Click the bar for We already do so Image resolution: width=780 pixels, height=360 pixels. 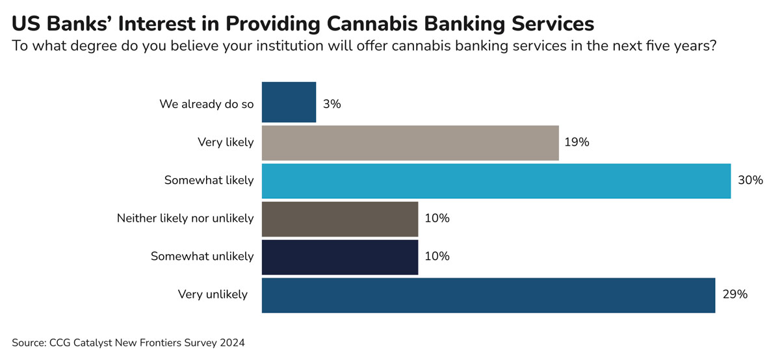click(x=289, y=102)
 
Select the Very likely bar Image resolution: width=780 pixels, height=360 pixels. click(x=410, y=143)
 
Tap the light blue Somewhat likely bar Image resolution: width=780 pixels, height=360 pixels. click(x=496, y=181)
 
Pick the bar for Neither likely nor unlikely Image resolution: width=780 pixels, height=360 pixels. click(x=339, y=219)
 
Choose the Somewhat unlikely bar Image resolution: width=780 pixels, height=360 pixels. click(x=339, y=257)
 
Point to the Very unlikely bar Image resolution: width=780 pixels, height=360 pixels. click(x=488, y=294)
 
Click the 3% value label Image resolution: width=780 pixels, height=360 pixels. click(x=331, y=103)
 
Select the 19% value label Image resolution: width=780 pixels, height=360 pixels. click(x=577, y=142)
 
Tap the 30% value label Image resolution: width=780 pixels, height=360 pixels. click(x=750, y=181)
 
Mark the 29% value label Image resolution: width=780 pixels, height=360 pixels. click(x=734, y=294)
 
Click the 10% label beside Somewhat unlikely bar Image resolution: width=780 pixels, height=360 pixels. click(x=436, y=257)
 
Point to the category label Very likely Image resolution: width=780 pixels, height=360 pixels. click(x=226, y=142)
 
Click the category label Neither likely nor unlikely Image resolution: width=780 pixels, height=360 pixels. click(x=185, y=219)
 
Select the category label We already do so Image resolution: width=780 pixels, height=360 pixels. click(x=207, y=104)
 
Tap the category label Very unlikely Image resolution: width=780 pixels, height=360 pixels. click(x=213, y=294)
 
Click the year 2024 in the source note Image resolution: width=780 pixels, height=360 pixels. click(x=231, y=342)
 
